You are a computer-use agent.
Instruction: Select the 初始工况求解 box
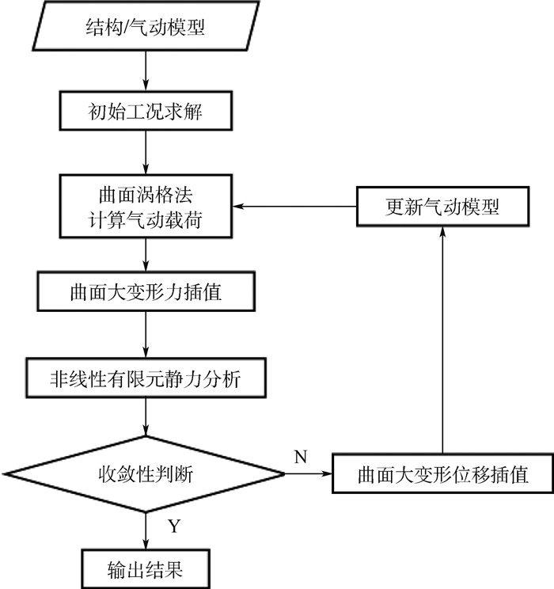click(x=145, y=112)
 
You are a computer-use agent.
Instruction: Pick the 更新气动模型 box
click(x=442, y=207)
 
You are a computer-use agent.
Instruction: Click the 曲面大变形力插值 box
click(x=145, y=294)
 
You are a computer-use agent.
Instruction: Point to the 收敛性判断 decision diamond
click(x=145, y=474)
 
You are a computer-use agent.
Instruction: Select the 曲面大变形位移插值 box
click(x=442, y=474)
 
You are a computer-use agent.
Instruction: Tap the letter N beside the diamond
click(x=301, y=457)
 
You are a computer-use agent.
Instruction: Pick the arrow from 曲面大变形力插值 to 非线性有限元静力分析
click(x=145, y=336)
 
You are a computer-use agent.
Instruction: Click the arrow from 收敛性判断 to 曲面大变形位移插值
click(x=309, y=474)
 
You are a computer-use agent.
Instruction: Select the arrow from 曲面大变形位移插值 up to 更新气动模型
click(x=442, y=340)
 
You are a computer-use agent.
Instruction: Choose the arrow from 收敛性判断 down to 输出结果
click(x=145, y=530)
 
